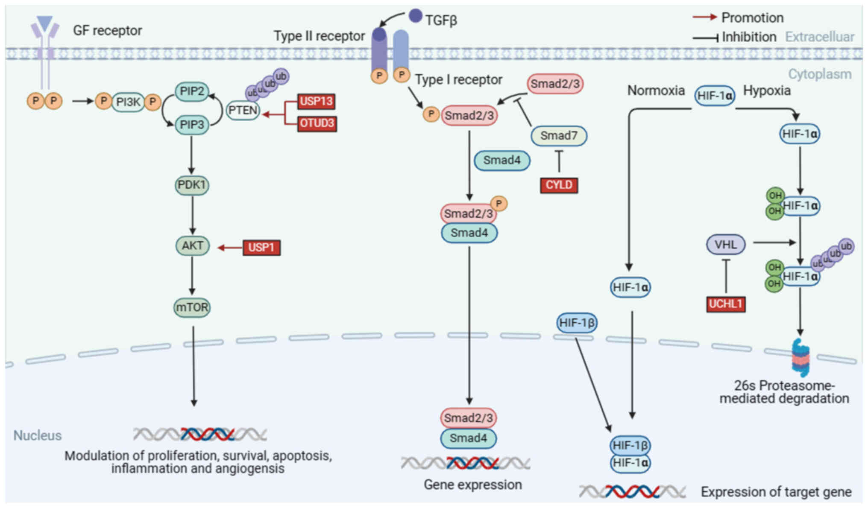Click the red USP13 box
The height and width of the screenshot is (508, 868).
point(316,102)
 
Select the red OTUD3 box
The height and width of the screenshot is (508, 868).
point(317,123)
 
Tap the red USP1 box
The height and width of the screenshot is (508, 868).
point(261,248)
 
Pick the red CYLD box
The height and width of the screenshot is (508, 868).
point(559,185)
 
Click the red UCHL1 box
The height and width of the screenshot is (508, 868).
point(725,304)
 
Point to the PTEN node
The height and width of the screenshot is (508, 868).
point(243,111)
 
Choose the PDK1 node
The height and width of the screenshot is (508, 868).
point(192,185)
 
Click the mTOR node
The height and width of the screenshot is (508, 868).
point(192,307)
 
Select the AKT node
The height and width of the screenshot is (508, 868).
point(192,246)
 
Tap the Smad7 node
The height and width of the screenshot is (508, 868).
point(559,136)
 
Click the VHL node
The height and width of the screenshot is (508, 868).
point(725,245)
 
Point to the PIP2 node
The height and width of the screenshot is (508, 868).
point(192,91)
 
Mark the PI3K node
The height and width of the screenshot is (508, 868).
point(128,102)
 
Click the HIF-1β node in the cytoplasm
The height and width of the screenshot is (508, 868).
point(577,323)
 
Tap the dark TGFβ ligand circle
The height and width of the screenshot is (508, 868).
point(415,16)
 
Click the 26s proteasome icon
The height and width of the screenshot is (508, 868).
point(800,358)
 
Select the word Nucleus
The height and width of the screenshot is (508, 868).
point(38,435)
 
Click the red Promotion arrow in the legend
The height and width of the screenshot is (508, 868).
point(704,17)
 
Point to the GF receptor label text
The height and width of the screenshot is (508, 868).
point(107,31)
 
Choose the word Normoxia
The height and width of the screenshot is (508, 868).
point(656,91)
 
